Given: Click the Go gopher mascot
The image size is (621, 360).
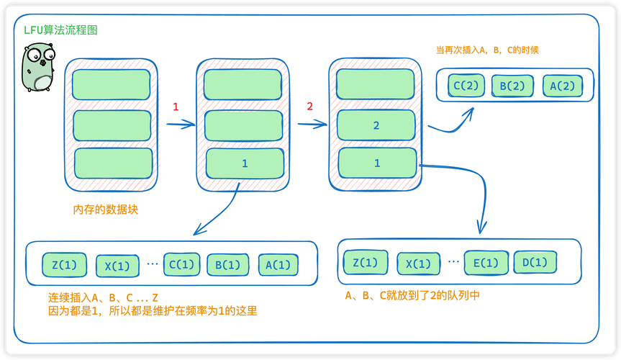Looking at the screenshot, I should pos(38,68).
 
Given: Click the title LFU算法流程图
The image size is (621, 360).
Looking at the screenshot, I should pos(60,30).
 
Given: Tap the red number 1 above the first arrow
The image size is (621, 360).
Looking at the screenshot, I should pos(175,107).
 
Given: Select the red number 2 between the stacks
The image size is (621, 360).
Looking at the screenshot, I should pos(310,107).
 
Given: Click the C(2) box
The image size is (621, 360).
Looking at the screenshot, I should pos(466,86).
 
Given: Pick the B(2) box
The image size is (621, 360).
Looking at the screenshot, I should pos(512,86).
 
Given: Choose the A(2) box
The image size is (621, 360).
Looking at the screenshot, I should pos(563,86).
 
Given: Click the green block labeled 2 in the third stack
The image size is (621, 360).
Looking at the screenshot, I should pos(376,125).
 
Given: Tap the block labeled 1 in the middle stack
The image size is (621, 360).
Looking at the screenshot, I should pos(244,163).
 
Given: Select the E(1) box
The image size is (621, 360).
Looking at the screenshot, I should pos(486,263).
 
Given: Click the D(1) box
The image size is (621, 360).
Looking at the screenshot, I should pos(535,262).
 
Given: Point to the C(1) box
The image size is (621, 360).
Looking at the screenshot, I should pos(181,264).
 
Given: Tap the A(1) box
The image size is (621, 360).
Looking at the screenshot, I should pos(278,265).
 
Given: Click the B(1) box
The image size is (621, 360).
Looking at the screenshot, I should pos(228,265).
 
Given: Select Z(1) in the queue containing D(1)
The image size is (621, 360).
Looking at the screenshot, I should pos(366,263).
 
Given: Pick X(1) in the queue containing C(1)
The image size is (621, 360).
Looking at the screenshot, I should pos(117,266).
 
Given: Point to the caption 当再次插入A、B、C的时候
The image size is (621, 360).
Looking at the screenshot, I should pos(487,50).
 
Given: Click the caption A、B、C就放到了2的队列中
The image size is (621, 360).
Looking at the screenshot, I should pos(412,295).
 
